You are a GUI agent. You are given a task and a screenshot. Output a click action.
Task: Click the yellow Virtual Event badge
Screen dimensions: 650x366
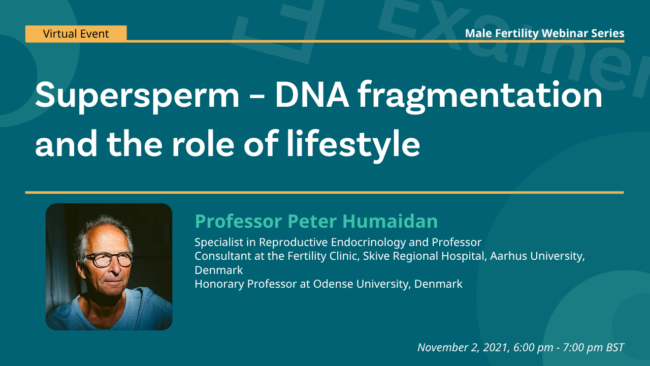click(76, 34)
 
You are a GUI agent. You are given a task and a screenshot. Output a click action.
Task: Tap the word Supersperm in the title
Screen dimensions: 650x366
click(137, 97)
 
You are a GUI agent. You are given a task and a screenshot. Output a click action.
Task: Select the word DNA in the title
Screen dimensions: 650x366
click(312, 95)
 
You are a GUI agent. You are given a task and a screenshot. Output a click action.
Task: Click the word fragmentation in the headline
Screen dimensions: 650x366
click(480, 97)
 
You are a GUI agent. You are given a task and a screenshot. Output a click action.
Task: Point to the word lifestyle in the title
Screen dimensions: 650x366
click(353, 145)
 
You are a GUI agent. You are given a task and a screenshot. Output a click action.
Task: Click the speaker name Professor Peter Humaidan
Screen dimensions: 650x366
click(316, 221)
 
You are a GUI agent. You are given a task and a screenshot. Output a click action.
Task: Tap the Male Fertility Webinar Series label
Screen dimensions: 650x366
click(545, 34)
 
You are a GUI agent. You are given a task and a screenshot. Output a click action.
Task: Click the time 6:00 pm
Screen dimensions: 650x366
click(533, 348)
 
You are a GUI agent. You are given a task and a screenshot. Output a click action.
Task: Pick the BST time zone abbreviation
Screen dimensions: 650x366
click(615, 347)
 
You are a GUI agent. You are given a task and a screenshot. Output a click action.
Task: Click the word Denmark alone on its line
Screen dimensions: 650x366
click(218, 270)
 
